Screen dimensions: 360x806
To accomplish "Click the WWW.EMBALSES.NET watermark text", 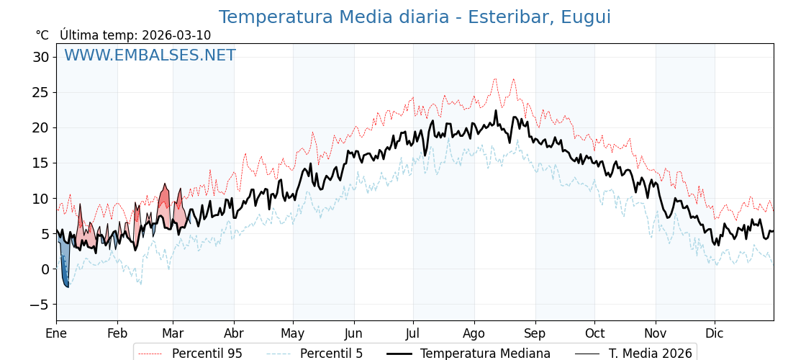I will tap(150, 55).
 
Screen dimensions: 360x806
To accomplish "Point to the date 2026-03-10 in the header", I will tap(176, 35).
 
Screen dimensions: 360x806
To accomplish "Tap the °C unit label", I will tap(42, 35).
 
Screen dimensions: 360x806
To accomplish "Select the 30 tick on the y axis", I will tap(41, 57).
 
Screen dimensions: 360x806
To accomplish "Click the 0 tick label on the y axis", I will tap(45, 269).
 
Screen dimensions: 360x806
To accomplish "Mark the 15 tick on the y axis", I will tap(41, 163).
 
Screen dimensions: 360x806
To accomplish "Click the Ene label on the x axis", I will tap(56, 333).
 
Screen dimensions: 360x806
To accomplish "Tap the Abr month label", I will tap(234, 333).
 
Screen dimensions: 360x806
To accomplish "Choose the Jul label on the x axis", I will tap(413, 333).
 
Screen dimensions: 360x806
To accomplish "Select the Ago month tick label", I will tap(474, 333).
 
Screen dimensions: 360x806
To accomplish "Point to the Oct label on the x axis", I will tap(594, 333).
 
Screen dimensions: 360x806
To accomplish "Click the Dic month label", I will tap(715, 333).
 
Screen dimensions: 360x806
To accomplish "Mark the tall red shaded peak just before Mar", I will tap(165, 198).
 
